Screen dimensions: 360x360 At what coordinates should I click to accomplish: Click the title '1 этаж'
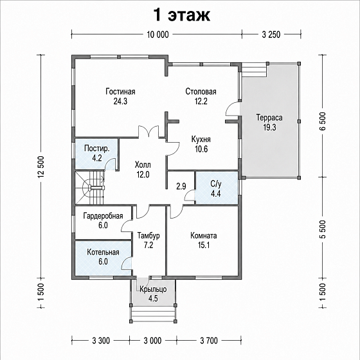coord(181,15)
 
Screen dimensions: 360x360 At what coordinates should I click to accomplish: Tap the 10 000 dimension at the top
coord(157,35)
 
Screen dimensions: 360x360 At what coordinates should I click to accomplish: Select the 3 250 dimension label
coord(271,35)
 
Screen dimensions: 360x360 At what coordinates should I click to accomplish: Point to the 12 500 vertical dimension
coord(41,167)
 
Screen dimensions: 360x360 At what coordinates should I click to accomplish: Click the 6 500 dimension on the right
coord(322,122)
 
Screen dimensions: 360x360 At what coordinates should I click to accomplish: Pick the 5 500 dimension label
coord(322,230)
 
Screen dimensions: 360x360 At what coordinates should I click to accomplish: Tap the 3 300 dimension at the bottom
coord(101,341)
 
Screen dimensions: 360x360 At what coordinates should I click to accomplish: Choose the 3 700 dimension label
coord(209,341)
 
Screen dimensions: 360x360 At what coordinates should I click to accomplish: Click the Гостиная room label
coord(120,91)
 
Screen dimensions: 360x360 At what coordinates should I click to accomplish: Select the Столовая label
coord(201,91)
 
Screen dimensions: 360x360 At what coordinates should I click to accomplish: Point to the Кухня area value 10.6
coord(201,149)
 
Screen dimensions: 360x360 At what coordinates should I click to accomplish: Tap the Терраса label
coord(269,118)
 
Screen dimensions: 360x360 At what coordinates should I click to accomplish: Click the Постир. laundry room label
coord(96,148)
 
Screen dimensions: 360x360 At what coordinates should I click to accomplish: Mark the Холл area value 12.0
coord(143,175)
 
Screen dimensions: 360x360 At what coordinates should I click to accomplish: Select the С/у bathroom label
coord(216,184)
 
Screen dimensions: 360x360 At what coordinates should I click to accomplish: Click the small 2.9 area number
coord(181,186)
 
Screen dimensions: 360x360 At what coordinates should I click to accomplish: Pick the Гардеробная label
coord(103,216)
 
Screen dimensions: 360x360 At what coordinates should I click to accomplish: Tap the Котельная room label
coord(103,252)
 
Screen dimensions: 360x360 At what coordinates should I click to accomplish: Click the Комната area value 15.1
coord(204,245)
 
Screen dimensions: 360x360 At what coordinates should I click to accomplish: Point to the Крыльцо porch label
coord(153,289)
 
